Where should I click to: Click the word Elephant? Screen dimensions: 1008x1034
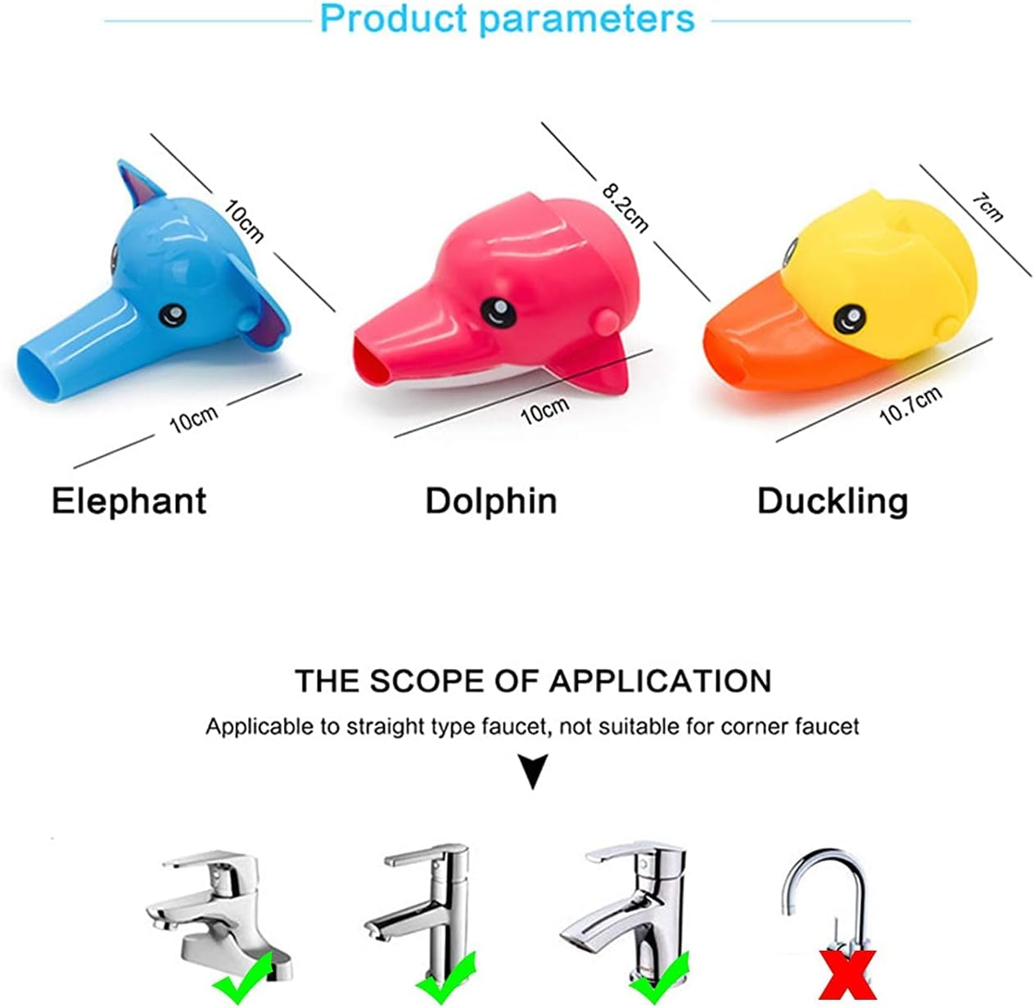(x=129, y=500)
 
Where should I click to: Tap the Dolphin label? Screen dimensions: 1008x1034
(x=490, y=500)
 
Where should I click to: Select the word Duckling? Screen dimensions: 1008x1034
(x=833, y=500)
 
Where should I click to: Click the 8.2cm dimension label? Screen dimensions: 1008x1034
(x=625, y=208)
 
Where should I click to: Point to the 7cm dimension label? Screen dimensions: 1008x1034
(x=987, y=207)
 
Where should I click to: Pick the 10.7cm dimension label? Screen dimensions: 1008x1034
(x=910, y=405)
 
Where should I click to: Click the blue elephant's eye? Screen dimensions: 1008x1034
(x=173, y=313)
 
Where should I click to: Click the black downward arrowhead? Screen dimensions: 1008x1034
(x=534, y=772)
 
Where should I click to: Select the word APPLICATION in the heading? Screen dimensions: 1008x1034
(x=660, y=680)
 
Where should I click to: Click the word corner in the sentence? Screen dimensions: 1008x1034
(x=757, y=725)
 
